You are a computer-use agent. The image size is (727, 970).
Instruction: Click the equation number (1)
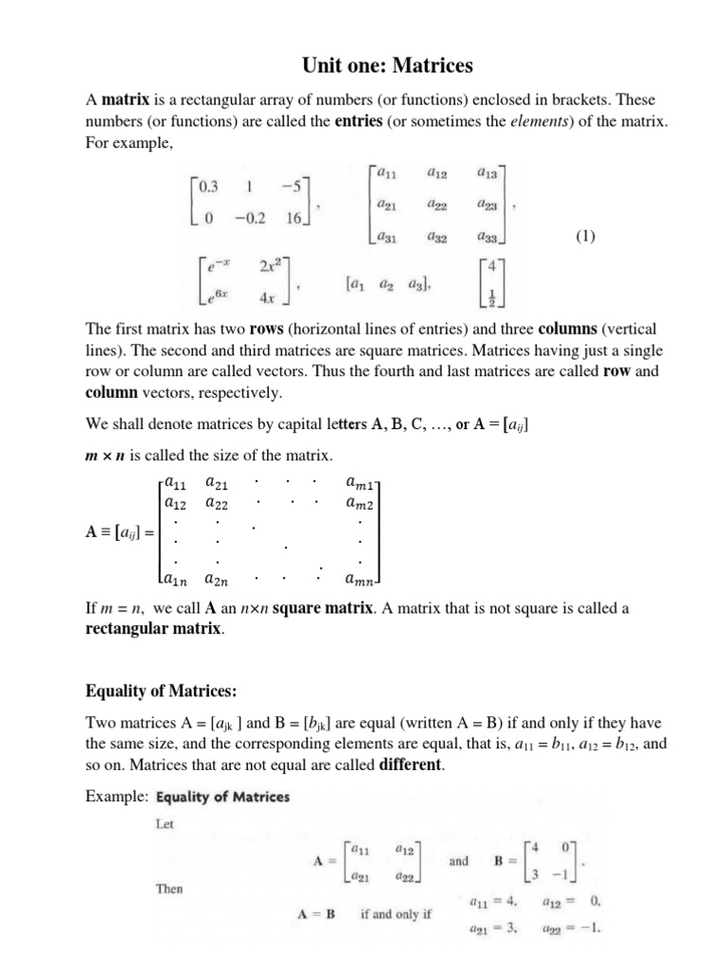tap(584, 237)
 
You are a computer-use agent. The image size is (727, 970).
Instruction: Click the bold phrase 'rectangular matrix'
tap(155, 629)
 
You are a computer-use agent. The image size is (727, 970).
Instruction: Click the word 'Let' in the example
tap(165, 824)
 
